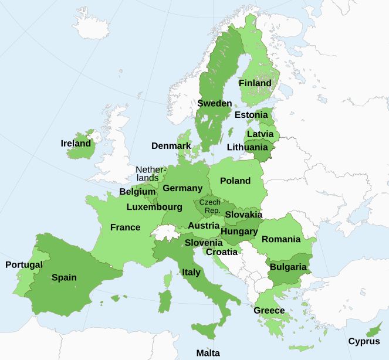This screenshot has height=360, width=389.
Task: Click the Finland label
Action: point(255,83)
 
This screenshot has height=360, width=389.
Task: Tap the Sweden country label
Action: point(215,103)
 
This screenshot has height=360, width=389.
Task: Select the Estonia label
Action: point(251,115)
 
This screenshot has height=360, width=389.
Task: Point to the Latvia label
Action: point(260,134)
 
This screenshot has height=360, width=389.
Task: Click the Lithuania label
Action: point(247,147)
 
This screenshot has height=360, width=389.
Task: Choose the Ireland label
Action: point(76,143)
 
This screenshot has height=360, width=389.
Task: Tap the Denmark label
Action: point(171,145)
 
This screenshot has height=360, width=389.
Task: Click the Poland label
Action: point(235,181)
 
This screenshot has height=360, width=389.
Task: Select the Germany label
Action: point(182,188)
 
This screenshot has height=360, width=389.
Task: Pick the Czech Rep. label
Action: point(210,206)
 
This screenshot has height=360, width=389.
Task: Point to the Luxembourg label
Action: point(154,207)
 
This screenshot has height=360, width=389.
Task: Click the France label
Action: point(125,227)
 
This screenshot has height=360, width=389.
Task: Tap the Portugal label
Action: point(24,264)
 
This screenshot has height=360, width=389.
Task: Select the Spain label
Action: point(64,277)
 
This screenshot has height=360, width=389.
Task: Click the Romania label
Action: point(281,239)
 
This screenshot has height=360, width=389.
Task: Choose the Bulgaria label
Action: point(288,267)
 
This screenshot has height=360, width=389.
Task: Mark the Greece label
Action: point(269,310)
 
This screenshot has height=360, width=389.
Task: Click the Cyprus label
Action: point(364,341)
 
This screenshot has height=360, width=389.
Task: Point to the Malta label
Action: point(208,353)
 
